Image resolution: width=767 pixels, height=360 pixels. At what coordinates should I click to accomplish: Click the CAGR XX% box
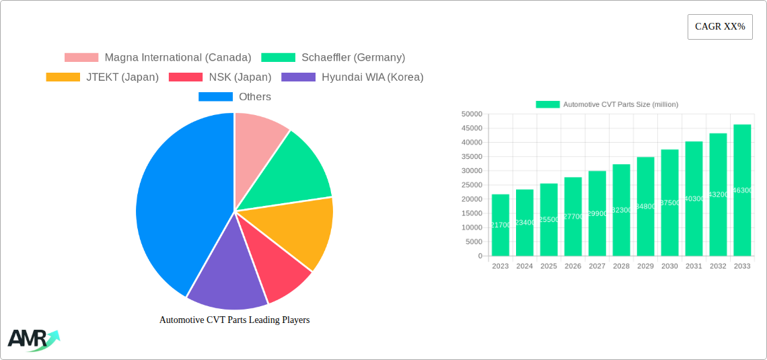tap(719, 27)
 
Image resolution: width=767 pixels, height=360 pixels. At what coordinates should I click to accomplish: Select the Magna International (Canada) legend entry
tap(158, 58)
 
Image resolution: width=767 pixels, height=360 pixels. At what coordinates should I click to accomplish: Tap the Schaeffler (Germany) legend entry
tap(333, 58)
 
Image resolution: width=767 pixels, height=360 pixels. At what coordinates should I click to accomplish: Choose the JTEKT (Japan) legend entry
tap(102, 77)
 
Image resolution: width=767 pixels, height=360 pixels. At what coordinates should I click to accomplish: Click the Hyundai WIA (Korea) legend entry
tap(353, 77)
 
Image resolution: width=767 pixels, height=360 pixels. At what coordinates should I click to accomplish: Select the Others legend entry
tap(235, 97)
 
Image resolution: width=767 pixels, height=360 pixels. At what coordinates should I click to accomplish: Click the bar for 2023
tap(501, 225)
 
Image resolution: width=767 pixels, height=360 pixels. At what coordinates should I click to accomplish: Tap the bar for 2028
tap(622, 210)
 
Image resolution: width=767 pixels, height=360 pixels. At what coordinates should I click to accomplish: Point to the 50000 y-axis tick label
tap(472, 114)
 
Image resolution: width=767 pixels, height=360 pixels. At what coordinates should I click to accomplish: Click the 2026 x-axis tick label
tap(573, 266)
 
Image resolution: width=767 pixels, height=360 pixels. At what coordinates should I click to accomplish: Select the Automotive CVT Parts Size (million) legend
tap(607, 104)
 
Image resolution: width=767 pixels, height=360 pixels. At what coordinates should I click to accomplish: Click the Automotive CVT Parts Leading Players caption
tap(234, 320)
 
